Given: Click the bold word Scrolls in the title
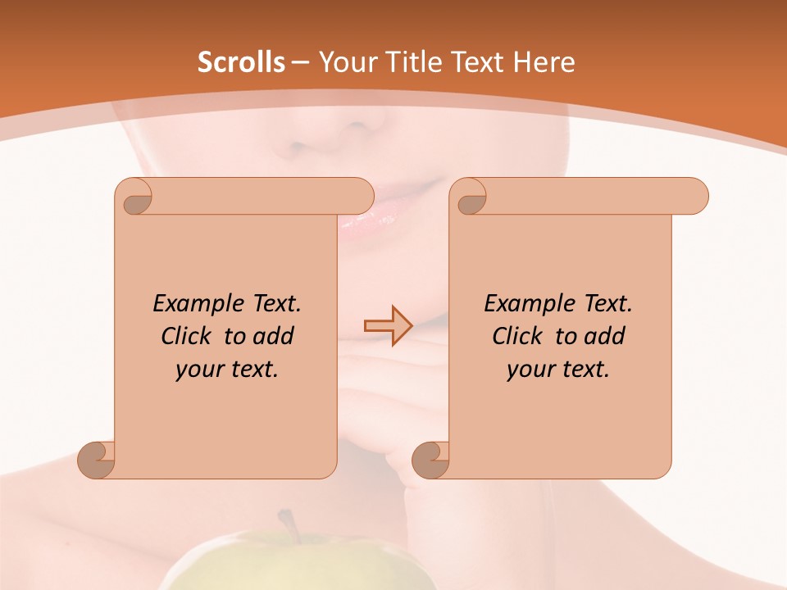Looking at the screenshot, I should click(x=241, y=62).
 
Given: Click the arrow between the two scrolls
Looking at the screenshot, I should click(x=388, y=325).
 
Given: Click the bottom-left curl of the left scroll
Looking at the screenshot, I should click(x=97, y=459).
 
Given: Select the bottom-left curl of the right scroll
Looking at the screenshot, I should click(x=430, y=459).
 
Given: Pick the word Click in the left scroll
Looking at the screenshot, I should click(x=189, y=336).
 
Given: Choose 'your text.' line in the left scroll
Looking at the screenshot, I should click(x=226, y=369).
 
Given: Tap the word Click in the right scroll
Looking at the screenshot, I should click(x=520, y=336).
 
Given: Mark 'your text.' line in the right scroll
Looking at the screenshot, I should click(x=557, y=369).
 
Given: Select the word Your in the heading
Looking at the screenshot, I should click(x=346, y=62).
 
